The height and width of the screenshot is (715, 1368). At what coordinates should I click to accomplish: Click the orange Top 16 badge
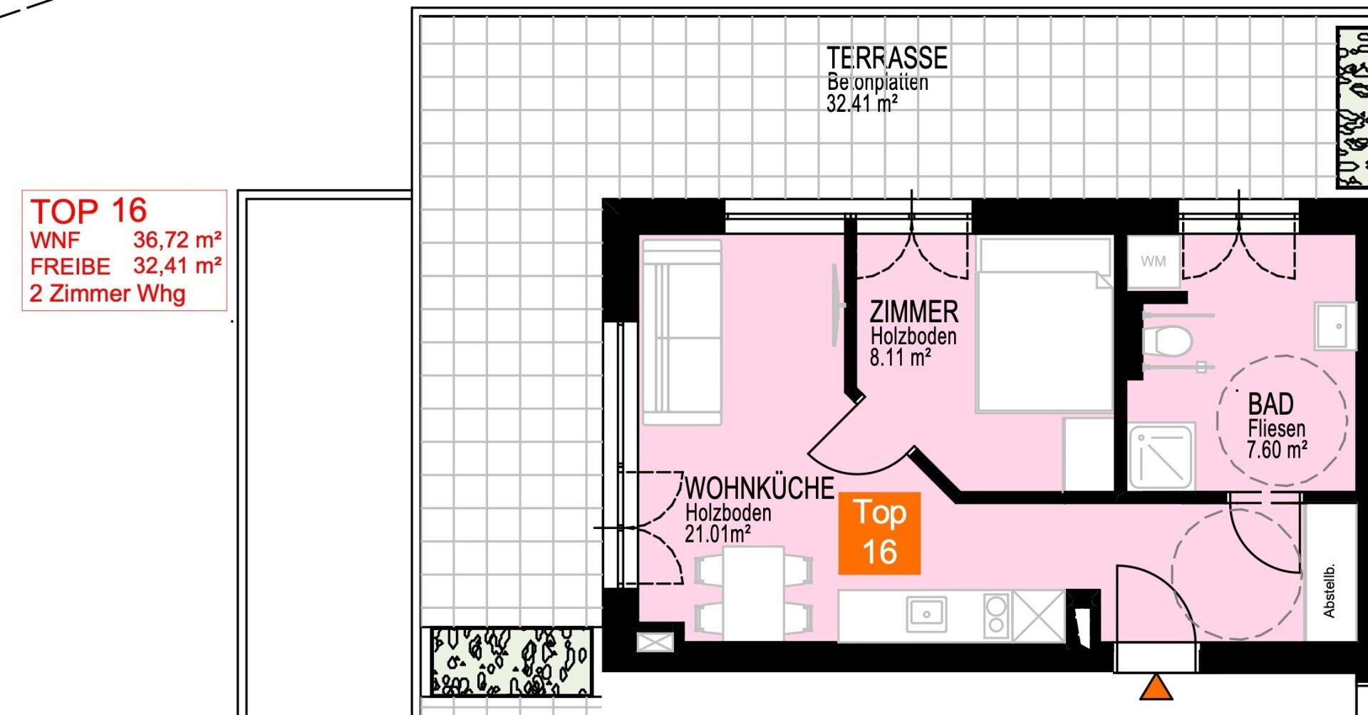click(879, 533)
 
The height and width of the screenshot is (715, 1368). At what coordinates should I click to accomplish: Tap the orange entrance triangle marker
click(1156, 688)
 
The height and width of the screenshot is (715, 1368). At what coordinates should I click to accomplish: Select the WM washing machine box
click(1154, 262)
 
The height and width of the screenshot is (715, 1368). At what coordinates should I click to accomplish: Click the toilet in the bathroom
click(1167, 341)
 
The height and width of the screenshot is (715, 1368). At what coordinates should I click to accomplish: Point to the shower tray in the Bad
click(1161, 457)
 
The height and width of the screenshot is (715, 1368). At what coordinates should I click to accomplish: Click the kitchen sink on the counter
click(926, 614)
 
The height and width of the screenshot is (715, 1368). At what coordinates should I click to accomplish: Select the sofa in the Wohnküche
click(682, 332)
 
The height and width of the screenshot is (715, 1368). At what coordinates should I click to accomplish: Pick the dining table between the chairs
click(754, 593)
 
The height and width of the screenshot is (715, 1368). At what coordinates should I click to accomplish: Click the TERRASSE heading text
click(887, 58)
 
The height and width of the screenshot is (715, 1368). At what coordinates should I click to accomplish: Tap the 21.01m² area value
click(717, 533)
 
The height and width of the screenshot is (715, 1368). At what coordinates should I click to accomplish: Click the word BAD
click(1270, 404)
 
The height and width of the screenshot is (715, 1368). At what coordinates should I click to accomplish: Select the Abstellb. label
click(1329, 591)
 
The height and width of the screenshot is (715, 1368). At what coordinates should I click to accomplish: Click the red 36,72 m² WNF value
click(177, 240)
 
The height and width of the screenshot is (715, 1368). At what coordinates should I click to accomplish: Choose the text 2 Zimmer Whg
click(108, 294)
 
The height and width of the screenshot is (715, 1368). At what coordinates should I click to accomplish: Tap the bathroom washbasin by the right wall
click(1335, 326)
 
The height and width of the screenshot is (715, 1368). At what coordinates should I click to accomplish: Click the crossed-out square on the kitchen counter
click(1038, 616)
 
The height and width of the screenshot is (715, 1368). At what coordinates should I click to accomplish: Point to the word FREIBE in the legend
click(70, 267)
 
